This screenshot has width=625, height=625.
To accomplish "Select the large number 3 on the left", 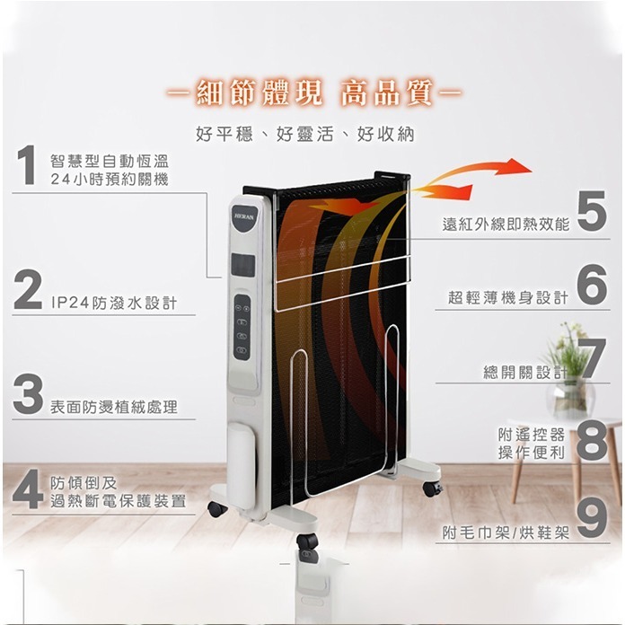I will [x=29, y=395].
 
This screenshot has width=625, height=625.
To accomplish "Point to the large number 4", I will [x=29, y=489].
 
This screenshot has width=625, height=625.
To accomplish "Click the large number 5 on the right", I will [x=592, y=212].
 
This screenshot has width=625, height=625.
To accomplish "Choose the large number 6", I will [x=592, y=286].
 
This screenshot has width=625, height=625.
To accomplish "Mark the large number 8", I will [x=592, y=440].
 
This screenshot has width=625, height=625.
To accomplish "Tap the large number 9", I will [x=592, y=518].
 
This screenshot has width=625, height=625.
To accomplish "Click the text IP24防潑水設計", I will [x=114, y=304].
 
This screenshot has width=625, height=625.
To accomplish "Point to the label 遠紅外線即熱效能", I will [x=506, y=224].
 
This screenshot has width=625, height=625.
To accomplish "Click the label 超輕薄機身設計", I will [x=508, y=298].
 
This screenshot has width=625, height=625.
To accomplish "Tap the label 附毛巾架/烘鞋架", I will [x=506, y=532].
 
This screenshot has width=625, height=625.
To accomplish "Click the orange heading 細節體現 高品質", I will [x=313, y=93].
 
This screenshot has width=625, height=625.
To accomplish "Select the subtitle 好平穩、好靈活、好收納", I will [x=304, y=135].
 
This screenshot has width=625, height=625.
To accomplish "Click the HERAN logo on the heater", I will [x=244, y=216].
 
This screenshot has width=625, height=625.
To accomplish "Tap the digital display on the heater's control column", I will [x=242, y=265].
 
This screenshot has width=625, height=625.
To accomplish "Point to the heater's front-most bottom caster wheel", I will [x=307, y=544].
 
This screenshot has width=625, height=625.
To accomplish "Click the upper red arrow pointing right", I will [x=489, y=168].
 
